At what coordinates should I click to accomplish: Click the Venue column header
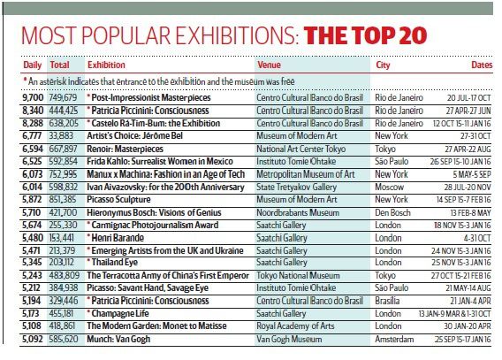(269, 65)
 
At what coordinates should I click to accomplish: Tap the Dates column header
(482, 65)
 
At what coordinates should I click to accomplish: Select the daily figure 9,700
(33, 97)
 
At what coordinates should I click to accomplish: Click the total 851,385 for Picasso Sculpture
(63, 200)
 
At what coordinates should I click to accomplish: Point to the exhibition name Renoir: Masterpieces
(125, 149)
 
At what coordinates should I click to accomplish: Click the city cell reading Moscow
(389, 187)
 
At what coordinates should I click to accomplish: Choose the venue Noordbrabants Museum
(298, 212)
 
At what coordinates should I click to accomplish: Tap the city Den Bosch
(392, 212)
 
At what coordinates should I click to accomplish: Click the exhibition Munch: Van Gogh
(118, 339)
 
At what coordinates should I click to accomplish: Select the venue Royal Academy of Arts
(295, 326)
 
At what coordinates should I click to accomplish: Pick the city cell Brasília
(387, 301)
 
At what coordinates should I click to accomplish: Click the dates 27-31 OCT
(475, 136)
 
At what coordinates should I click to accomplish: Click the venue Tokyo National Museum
(298, 275)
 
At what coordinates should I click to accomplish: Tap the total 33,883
(61, 136)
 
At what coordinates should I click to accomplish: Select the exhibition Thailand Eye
(112, 263)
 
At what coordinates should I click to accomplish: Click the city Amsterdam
(394, 339)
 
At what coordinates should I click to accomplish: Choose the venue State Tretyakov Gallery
(296, 187)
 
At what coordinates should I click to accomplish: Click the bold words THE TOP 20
(365, 35)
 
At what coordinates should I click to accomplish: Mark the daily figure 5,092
(33, 339)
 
